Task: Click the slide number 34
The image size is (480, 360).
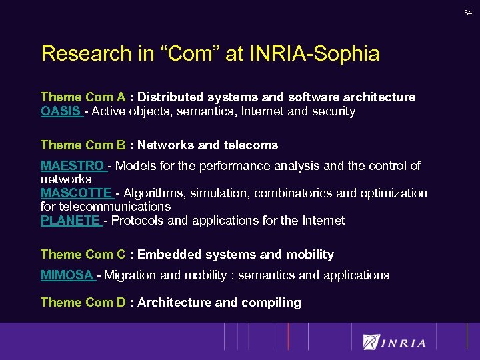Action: pyautogui.click(x=468, y=12)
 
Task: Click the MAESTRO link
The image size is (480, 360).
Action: pyautogui.click(x=73, y=165)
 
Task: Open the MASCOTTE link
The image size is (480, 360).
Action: pyautogui.click(x=77, y=193)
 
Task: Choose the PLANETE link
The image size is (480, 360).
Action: pyautogui.click(x=71, y=220)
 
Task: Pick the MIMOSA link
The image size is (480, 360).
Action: pyautogui.click(x=67, y=275)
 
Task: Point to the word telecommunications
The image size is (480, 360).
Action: pyautogui.click(x=106, y=207)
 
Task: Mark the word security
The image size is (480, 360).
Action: pyautogui.click(x=333, y=111)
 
